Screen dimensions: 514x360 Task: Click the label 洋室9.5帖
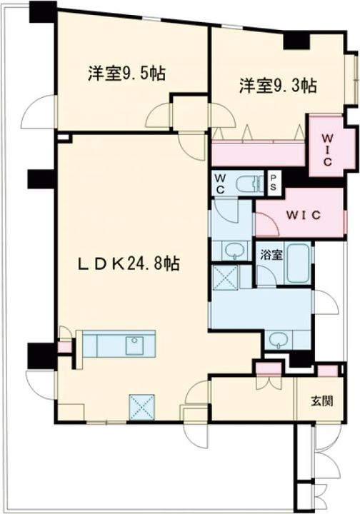(127, 73)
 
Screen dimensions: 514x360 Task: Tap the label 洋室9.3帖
(278, 86)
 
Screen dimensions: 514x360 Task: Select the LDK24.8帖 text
(129, 263)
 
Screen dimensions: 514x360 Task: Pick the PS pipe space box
(274, 181)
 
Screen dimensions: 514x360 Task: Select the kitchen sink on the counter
(135, 346)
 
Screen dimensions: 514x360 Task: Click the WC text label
(219, 182)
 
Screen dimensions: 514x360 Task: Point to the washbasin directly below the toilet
(231, 250)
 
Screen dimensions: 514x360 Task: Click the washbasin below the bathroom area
(279, 340)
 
